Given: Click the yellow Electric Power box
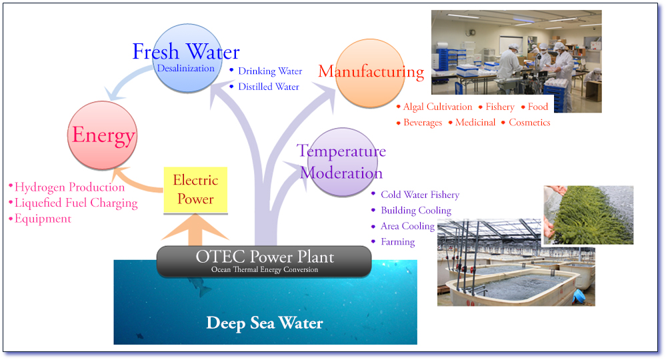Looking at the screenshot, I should [196, 189].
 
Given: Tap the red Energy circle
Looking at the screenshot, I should [103, 136].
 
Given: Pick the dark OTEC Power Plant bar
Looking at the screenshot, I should [264, 261].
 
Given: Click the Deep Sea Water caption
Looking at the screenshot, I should [265, 324].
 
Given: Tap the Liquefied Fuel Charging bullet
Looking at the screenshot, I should [75, 203].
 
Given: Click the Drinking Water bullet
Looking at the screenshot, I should [270, 71].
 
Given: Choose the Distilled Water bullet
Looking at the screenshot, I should [269, 87].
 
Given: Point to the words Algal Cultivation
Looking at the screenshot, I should [437, 107].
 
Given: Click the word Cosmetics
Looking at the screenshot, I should [529, 123].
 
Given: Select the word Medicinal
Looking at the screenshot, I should [475, 123].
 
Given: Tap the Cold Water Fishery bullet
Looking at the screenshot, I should [420, 195].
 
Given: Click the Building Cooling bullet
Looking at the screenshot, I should [416, 211].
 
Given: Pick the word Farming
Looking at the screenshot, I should [398, 242].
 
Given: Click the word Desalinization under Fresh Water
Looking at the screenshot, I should [186, 68].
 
